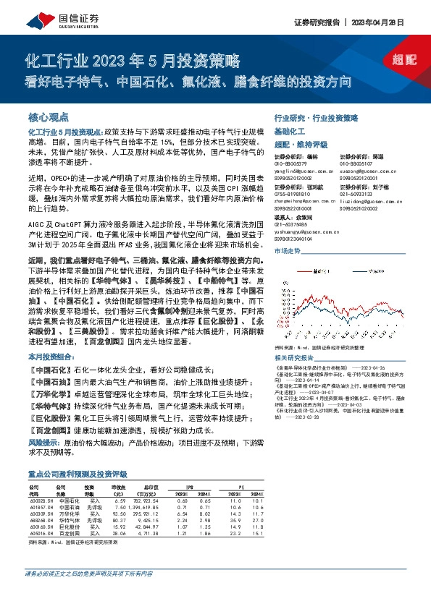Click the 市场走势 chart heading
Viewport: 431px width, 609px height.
point(288,250)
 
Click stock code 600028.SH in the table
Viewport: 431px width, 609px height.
point(41,501)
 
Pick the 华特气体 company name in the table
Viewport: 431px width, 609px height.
point(70,521)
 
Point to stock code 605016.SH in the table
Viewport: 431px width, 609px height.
point(41,534)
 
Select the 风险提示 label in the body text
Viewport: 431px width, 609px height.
point(45,440)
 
